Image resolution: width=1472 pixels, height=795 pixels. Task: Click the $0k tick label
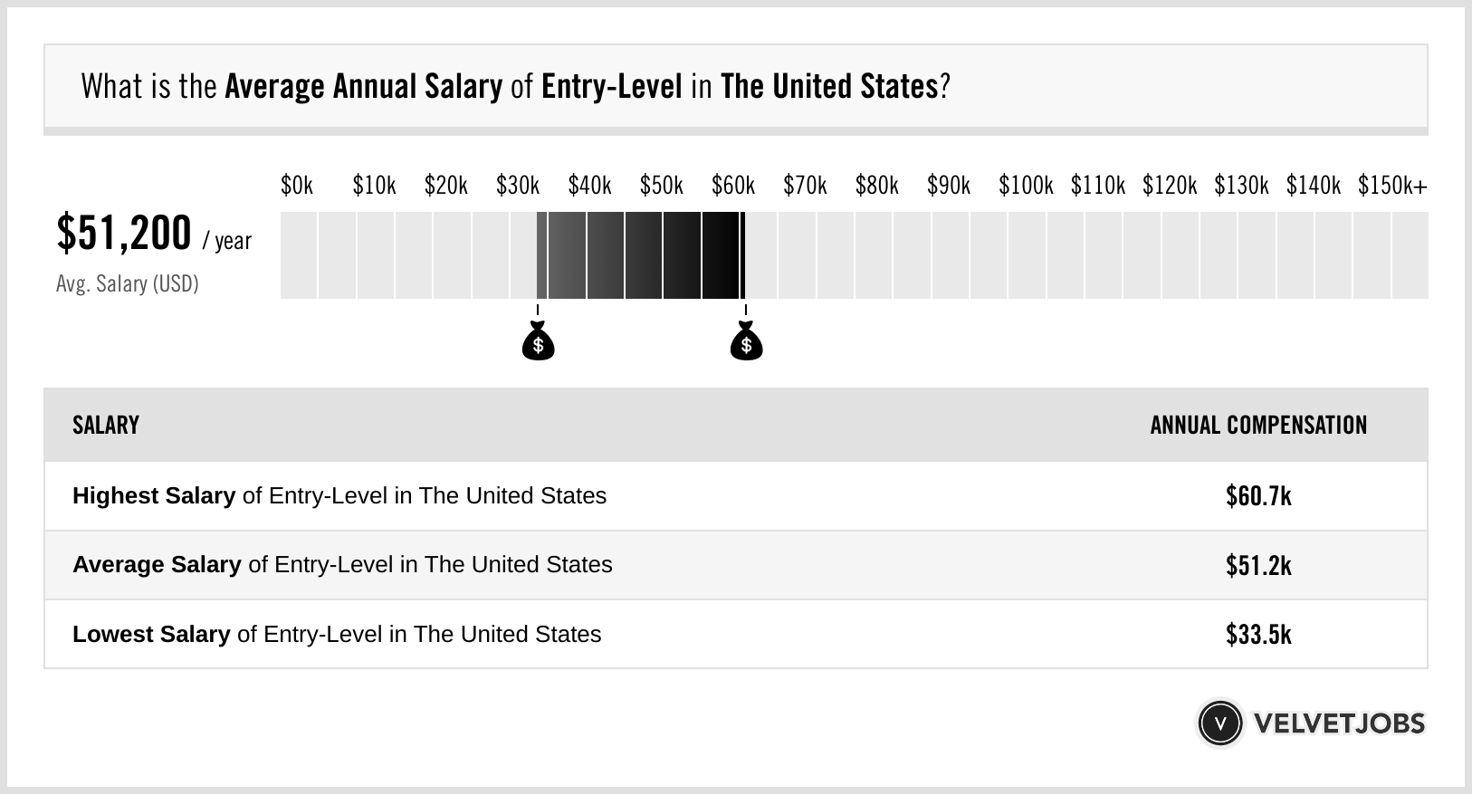297,186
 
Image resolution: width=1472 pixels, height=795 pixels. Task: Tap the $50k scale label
661,186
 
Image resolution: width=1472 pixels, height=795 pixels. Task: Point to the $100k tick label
1025,186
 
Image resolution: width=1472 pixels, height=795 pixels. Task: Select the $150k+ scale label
1391,186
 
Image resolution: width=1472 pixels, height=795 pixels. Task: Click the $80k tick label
876,186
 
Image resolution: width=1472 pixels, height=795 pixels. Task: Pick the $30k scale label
517,186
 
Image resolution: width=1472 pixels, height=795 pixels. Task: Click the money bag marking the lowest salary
538,341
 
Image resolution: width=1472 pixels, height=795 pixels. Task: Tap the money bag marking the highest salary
746,341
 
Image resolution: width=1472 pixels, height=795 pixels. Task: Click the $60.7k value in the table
1258,496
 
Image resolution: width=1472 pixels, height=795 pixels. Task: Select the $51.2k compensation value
1258,565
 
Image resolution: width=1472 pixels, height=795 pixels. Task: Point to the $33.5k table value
1258,634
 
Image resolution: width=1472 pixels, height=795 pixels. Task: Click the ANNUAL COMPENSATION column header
1258,426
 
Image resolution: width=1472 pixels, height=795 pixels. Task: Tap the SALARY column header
106,426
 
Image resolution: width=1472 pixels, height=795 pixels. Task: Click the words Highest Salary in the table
154,496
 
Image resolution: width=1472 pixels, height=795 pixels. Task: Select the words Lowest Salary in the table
151,634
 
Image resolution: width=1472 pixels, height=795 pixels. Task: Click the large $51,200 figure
124,233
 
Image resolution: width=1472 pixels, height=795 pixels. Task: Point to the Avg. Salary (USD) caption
128,284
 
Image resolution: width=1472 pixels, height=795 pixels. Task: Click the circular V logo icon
1219,723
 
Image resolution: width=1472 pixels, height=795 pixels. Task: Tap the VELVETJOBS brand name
1339,723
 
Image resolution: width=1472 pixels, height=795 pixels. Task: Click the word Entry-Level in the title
611,87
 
